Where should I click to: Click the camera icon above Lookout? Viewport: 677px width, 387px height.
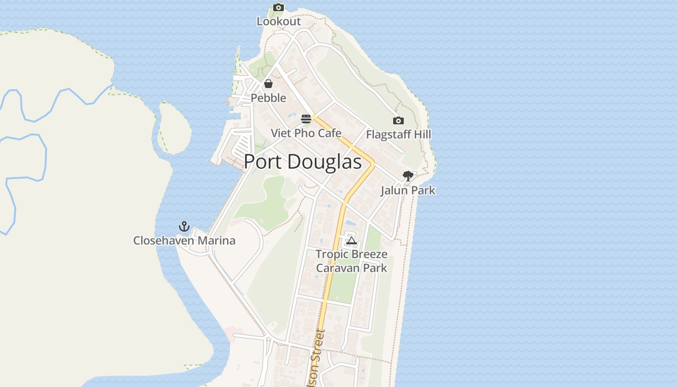279,7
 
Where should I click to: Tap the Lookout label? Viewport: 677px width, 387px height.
279,21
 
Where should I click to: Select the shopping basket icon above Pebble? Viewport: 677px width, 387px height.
268,84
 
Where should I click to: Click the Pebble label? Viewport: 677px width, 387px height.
268,98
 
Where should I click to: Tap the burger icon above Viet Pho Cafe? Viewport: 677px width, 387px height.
306,119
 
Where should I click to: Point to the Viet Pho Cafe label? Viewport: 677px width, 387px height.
306,133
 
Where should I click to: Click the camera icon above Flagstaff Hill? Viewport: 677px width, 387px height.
398,120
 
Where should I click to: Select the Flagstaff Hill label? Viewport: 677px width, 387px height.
398,134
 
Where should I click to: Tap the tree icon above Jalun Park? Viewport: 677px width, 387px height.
408,176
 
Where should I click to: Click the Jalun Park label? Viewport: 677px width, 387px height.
408,190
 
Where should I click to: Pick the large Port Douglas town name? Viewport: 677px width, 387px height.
303,162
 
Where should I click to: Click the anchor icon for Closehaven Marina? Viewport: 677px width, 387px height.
184,226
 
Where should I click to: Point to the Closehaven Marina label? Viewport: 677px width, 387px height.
184,240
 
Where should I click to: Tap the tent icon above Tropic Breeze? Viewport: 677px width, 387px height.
351,240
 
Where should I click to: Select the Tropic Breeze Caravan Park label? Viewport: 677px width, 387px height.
352,261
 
